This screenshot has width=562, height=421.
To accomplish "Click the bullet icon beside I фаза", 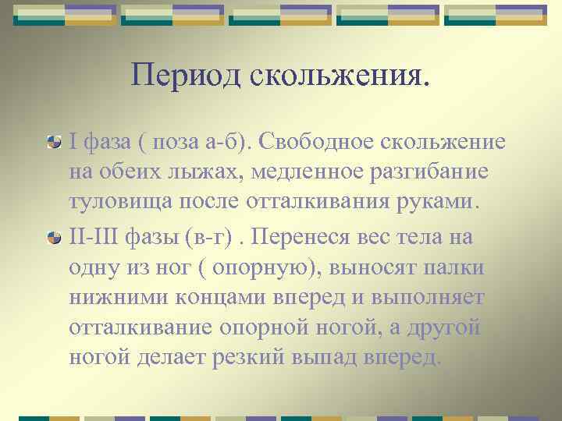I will [x=76, y=143].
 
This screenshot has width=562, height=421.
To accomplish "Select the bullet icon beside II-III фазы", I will [x=76, y=235].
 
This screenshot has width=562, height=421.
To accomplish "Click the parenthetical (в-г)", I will [x=224, y=235].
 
